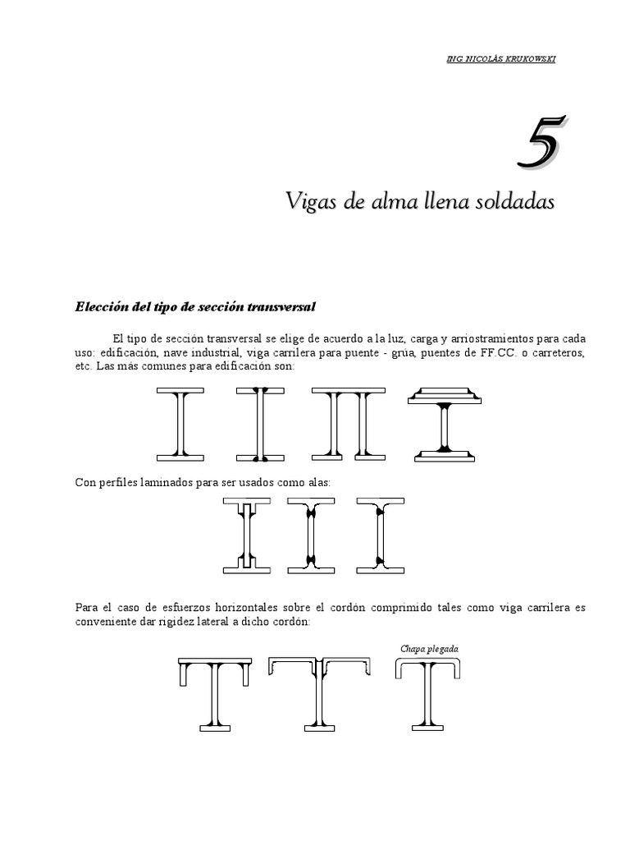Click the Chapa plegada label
[x=429, y=649]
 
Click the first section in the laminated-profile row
[x=246, y=534]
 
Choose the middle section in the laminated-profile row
[x=312, y=534]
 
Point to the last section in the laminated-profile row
[x=380, y=534]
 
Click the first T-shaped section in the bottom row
[x=214, y=692]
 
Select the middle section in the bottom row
[x=320, y=692]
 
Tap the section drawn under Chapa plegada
[x=428, y=692]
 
